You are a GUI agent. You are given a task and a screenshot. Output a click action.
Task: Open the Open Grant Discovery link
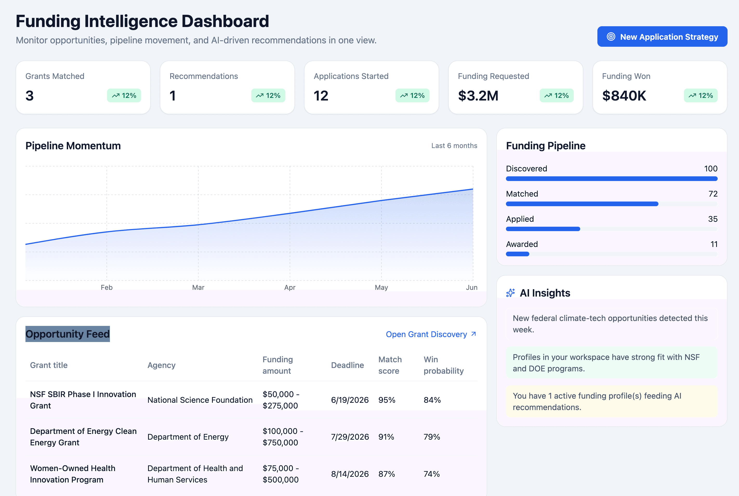430,334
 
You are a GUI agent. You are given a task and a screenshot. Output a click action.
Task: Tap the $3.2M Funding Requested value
478,96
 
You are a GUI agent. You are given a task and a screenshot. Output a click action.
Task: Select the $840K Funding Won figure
624,96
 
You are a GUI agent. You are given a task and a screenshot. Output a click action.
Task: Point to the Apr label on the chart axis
289,287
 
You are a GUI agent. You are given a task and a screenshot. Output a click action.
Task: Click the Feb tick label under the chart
107,287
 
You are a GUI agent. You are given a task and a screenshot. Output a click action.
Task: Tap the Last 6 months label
454,145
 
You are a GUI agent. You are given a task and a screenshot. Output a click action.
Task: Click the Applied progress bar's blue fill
543,229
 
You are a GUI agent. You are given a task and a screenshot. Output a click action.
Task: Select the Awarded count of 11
714,244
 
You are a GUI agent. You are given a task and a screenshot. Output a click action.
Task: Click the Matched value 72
713,193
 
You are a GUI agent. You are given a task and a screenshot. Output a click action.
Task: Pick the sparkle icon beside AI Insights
510,293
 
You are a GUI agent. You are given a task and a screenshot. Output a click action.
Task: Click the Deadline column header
347,365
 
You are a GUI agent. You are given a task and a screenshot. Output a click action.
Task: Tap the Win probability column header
443,365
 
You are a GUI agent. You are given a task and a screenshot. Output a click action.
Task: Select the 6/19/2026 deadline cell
349,400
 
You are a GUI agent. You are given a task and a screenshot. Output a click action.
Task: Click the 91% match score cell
386,437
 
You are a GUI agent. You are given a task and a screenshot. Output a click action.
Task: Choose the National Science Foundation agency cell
200,400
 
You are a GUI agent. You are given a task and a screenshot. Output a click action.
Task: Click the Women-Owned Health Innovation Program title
72,474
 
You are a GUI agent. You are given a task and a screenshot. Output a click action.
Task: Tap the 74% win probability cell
431,474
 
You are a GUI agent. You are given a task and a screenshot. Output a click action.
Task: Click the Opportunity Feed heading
67,334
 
